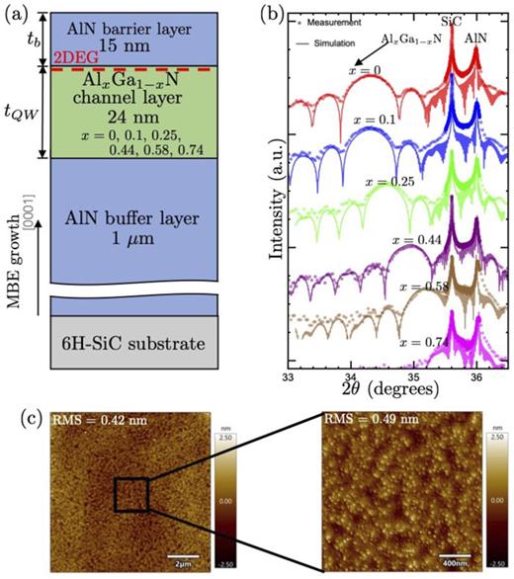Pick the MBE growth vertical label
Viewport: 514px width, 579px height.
pyautogui.click(x=14, y=268)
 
